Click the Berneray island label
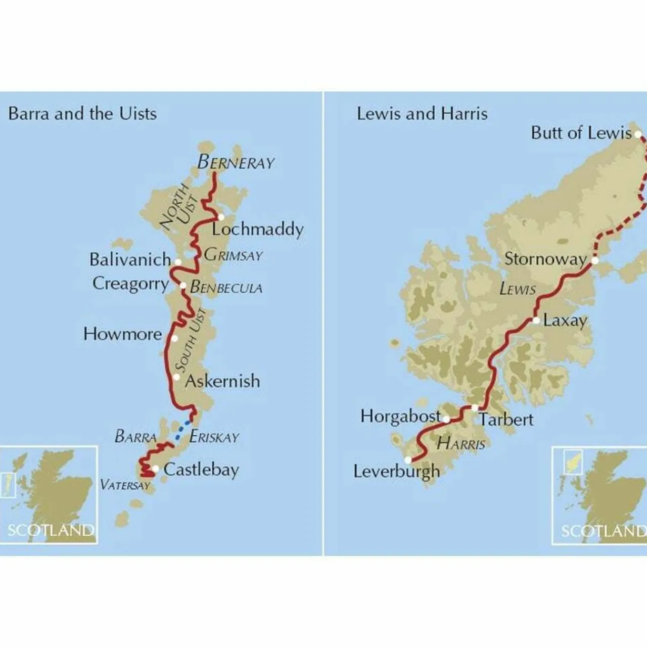point(236,162)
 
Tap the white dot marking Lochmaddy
point(221,216)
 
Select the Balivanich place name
point(130,260)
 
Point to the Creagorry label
point(130,284)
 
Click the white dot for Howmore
point(174,338)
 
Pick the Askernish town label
point(222,381)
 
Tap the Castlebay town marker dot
point(156,469)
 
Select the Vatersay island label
point(125,485)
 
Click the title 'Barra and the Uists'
point(82,113)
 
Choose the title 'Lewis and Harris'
point(422,113)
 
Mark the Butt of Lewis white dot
point(638,134)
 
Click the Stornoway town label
point(545,259)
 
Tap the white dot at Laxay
point(536,320)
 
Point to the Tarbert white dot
point(475,407)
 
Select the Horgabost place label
point(400,416)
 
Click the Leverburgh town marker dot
point(408,460)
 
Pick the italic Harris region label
point(460,444)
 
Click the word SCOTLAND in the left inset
point(51,530)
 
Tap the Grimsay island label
point(233,255)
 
